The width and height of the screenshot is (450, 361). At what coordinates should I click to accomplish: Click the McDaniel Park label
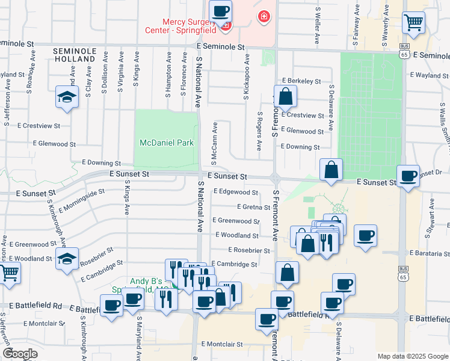(x=167, y=143)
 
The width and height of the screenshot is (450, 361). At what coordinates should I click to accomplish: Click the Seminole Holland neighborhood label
(x=75, y=55)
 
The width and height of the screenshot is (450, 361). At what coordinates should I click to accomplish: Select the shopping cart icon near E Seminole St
(x=413, y=23)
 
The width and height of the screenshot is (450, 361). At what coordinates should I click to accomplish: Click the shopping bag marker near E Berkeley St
(x=286, y=96)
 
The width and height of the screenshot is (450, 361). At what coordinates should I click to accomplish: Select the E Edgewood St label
(x=236, y=193)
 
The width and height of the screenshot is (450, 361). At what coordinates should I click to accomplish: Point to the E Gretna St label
(x=253, y=207)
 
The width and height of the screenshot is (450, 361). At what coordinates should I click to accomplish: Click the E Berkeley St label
(x=301, y=81)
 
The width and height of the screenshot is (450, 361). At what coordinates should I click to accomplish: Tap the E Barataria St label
(x=430, y=254)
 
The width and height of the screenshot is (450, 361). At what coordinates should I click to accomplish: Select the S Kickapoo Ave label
(x=246, y=77)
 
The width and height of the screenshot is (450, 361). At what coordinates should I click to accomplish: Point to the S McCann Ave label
(x=214, y=143)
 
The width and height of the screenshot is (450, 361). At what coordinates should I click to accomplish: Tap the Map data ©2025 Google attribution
(x=412, y=356)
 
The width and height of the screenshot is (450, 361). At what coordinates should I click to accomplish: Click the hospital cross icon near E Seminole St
(x=263, y=16)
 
